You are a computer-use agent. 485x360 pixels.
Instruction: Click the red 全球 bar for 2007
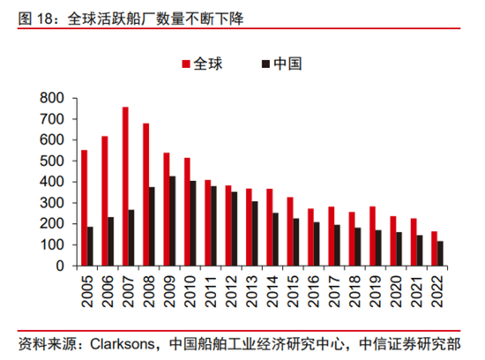click(x=125, y=186)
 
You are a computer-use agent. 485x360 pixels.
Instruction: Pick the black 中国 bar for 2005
click(x=91, y=246)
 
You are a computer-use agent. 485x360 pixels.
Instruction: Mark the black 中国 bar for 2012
click(x=235, y=229)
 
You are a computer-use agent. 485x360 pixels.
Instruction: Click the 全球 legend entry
click(x=202, y=64)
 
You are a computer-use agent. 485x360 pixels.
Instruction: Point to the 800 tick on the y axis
click(x=52, y=97)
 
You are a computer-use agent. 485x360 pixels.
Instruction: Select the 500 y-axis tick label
click(x=52, y=161)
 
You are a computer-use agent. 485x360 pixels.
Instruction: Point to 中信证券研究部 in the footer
click(x=414, y=343)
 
